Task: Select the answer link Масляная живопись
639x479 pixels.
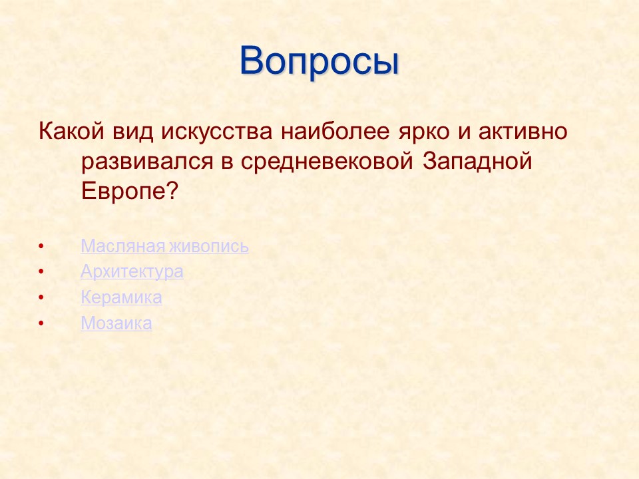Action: [x=164, y=246]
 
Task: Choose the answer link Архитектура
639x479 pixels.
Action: [x=132, y=272]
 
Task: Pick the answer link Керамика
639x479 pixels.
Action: [x=121, y=298]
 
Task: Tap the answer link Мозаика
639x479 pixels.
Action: [x=116, y=324]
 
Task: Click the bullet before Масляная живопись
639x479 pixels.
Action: [x=41, y=247]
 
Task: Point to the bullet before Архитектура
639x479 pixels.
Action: [x=41, y=273]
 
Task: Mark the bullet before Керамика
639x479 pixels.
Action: [x=41, y=299]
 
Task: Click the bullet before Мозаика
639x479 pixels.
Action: [x=41, y=325]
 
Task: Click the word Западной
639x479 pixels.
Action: [x=478, y=162]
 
